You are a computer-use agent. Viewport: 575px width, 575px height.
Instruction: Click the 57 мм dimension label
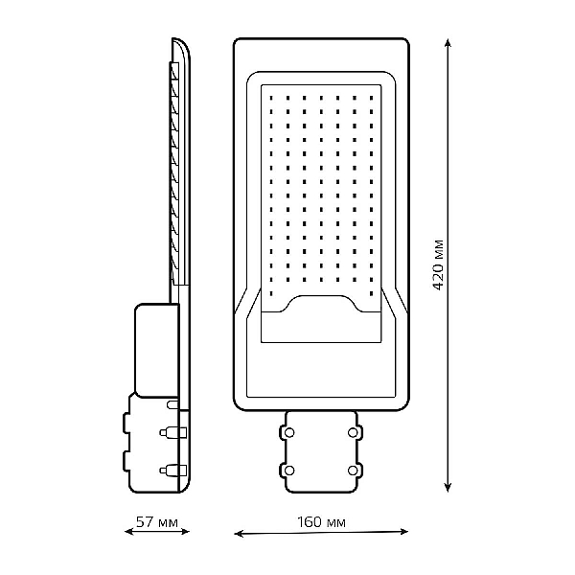[x=157, y=522]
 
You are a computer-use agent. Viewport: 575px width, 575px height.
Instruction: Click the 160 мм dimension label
[x=321, y=522]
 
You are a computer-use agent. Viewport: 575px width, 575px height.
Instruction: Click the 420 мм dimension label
[x=438, y=264]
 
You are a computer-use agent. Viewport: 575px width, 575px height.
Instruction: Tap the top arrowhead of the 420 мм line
[x=448, y=42]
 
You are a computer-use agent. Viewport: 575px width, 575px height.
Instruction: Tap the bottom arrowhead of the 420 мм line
[x=448, y=487]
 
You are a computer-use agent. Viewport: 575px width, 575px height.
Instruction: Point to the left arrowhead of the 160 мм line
[x=239, y=534]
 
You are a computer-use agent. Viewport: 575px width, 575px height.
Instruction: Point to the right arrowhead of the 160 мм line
[x=403, y=531]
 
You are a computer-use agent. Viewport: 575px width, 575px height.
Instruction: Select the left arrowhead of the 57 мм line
[x=129, y=531]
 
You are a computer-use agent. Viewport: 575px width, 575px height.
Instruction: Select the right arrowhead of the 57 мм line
[x=185, y=531]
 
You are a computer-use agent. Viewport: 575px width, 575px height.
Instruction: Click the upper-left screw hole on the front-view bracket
[x=289, y=433]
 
